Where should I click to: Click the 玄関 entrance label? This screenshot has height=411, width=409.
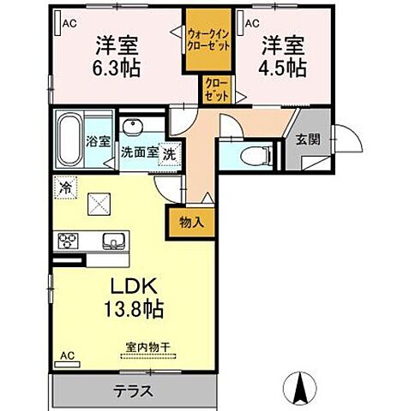[307, 140]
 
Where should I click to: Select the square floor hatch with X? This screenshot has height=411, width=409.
[99, 204]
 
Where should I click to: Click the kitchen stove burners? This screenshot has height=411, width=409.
[69, 241]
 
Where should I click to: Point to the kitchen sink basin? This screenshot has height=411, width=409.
[111, 241]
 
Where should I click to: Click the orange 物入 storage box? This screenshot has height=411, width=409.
[191, 222]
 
